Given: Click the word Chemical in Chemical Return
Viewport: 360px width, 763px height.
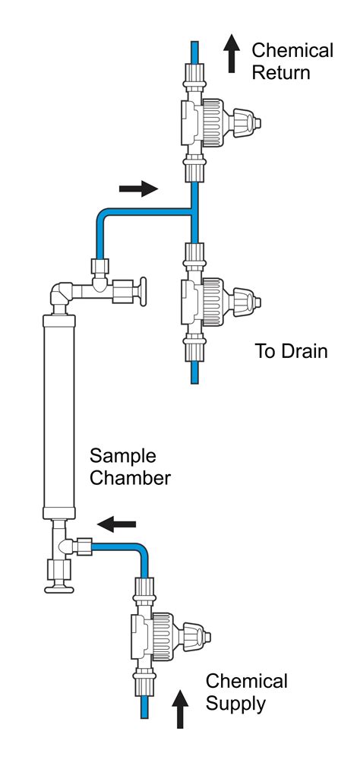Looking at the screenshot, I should click(292, 51).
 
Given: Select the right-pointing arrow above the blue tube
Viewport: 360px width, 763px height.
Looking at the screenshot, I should click(139, 190).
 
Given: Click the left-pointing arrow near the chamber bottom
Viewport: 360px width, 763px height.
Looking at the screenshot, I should click(117, 523).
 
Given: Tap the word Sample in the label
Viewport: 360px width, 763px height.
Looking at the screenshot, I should click(123, 457).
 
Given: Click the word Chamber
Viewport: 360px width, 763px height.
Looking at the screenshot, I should click(131, 480).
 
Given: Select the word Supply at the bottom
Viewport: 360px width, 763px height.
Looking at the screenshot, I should click(236, 704).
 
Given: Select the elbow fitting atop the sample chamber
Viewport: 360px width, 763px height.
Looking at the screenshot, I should click(63, 293).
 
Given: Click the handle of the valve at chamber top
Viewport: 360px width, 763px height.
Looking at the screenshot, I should click(142, 290).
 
